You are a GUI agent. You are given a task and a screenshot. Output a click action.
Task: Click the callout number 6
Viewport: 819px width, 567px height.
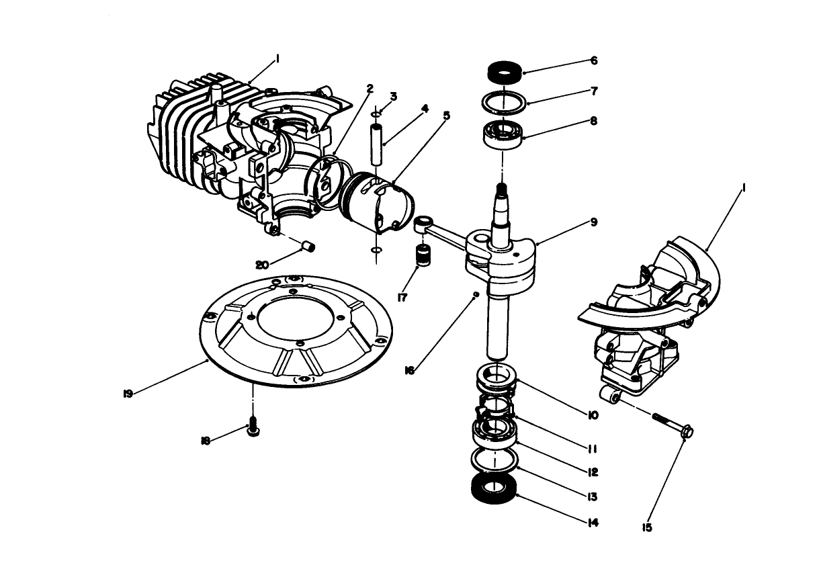pyautogui.click(x=594, y=60)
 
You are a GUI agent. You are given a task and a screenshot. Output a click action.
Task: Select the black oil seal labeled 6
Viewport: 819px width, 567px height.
pyautogui.click(x=504, y=71)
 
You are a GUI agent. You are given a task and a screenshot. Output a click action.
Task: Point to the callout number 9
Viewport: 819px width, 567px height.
pyautogui.click(x=594, y=222)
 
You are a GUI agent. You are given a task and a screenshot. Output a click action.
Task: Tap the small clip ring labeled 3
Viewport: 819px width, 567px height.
pyautogui.click(x=378, y=114)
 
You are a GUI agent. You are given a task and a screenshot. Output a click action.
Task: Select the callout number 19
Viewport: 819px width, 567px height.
pyautogui.click(x=128, y=394)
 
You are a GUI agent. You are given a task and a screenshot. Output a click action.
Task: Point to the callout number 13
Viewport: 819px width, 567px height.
pyautogui.click(x=593, y=497)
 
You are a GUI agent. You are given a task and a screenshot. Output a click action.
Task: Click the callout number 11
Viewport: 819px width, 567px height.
pyautogui.click(x=593, y=448)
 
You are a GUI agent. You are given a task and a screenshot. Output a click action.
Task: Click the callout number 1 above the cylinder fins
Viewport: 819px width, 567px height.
pyautogui.click(x=277, y=59)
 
